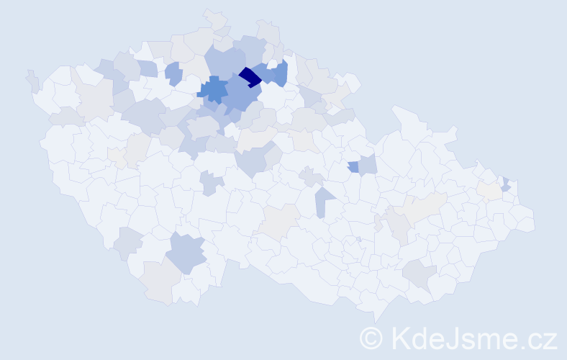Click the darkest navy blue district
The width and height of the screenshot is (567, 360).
tap(250, 76)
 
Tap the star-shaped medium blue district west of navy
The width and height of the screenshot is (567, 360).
tap(213, 90)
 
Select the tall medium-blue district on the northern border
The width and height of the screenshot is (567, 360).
tap(281, 73)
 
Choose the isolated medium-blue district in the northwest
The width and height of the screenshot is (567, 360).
tap(173, 73)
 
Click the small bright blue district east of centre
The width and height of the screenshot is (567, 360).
tap(353, 167)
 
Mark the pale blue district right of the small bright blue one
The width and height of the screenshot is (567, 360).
tap(368, 165)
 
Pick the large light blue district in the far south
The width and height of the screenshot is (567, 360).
tap(187, 253)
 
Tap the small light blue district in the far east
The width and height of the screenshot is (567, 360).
tap(506, 184)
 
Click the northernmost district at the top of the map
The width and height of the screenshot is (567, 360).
tap(214, 18)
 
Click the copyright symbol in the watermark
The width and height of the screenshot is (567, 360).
tap(371, 338)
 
